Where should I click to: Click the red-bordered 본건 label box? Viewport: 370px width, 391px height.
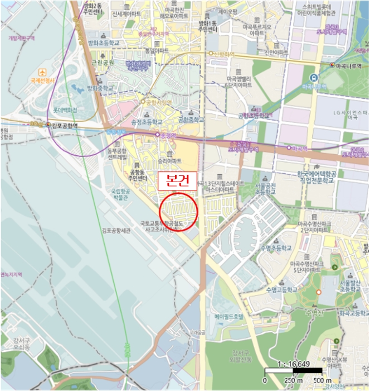tap(174, 181)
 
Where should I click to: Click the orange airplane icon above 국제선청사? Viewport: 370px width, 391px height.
tap(42, 73)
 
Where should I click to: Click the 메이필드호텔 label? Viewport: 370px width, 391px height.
tap(226, 316)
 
